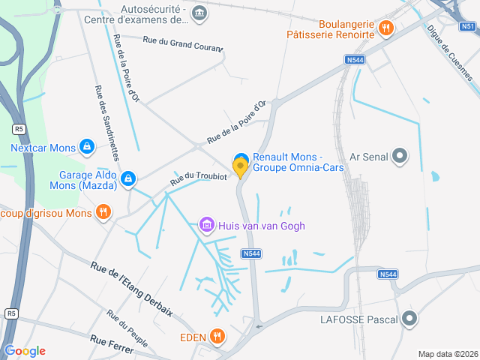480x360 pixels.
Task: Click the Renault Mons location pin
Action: (241, 166)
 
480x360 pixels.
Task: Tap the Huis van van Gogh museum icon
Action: (206, 224)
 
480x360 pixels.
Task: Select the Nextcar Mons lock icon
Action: (86, 146)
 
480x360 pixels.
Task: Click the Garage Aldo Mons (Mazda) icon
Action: (128, 178)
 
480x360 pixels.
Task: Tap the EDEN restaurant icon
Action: (217, 337)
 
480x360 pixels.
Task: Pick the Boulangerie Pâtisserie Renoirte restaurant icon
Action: (385, 28)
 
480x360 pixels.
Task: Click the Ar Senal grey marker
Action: (400, 156)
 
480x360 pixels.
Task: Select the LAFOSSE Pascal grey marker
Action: (409, 319)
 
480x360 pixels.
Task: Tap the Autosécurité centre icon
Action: (199, 13)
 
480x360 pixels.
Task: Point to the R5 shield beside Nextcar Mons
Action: (18, 129)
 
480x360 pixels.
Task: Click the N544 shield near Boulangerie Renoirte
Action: (355, 59)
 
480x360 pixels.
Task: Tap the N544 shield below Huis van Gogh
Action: (252, 254)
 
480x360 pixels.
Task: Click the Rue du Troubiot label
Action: (198, 177)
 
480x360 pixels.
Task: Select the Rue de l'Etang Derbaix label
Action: (131, 288)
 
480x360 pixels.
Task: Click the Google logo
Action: (25, 351)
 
